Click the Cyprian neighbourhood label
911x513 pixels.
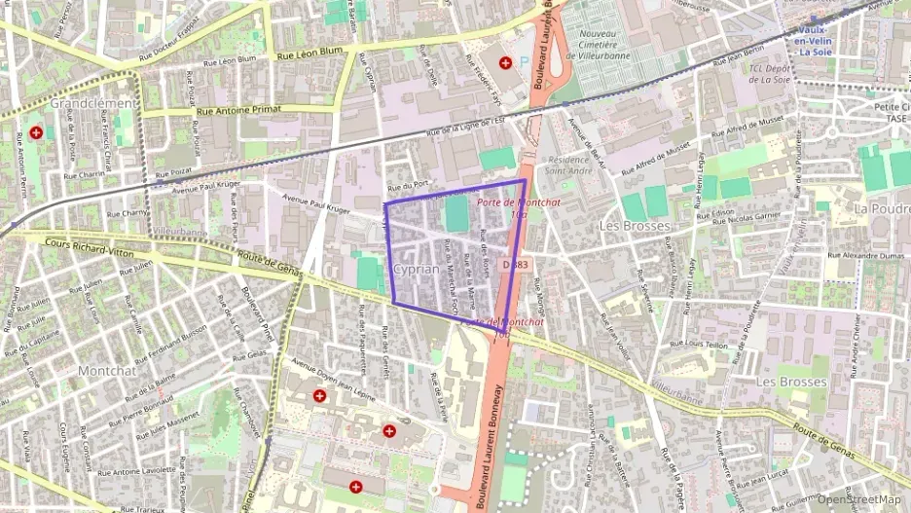417,268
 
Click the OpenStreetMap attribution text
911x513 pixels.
858,499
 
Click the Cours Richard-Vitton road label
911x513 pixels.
90,247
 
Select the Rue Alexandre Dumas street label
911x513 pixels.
866,257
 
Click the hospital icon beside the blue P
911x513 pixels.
504,63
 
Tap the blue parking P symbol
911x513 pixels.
525,61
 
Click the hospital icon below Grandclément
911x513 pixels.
36,131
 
